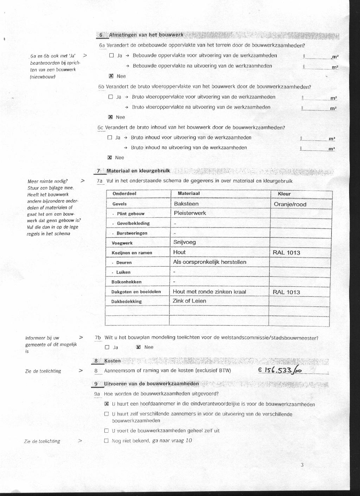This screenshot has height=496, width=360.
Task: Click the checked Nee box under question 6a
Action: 111,76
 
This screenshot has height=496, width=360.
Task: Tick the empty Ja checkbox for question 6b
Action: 111,97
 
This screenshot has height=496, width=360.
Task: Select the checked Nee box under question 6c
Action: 109,158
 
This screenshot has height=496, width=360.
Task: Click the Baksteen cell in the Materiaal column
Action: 186,204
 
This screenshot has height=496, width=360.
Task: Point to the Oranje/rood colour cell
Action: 290,204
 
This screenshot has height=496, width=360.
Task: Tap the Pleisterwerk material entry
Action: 190,213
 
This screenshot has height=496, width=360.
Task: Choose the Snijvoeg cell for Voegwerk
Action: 185,242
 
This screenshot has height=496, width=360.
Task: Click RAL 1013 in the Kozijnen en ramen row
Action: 287,253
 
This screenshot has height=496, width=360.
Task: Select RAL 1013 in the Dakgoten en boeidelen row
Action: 287,292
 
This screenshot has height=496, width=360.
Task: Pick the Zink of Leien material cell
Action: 189,301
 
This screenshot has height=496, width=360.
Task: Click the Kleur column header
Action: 284,194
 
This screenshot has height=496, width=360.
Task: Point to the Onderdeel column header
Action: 124,194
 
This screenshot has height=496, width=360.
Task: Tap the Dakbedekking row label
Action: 127,301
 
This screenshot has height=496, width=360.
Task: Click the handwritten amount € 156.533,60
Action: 280,370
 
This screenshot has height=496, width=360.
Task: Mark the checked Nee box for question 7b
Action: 138,347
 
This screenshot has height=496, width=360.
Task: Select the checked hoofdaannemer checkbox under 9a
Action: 107,404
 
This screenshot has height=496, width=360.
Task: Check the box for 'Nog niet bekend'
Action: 107,440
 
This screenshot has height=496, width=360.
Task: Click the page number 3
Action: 302,465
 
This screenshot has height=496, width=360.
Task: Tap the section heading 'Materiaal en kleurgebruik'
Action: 138,171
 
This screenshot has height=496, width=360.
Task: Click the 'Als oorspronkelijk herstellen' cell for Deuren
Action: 210,262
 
